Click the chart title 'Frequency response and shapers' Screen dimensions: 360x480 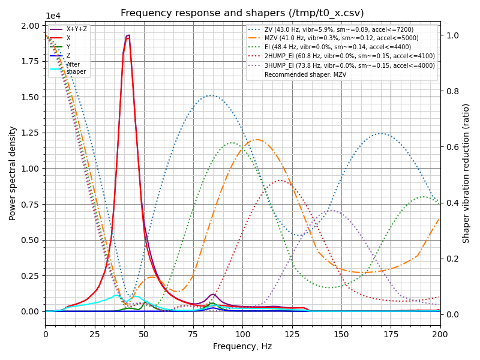click(242, 13)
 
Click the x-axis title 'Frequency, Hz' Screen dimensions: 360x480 click(242, 346)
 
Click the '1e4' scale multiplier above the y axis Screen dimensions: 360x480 click(52, 16)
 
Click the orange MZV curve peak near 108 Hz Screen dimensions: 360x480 click(257, 140)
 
